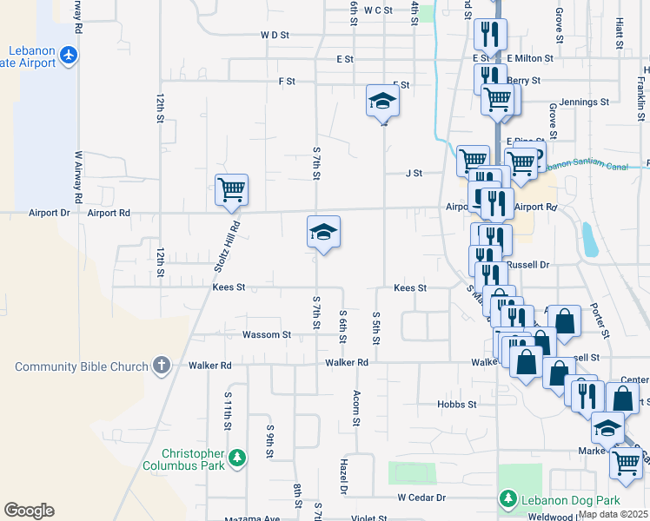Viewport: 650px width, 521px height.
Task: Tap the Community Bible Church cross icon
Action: (161, 366)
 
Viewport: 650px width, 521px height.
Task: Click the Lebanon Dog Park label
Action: (570, 499)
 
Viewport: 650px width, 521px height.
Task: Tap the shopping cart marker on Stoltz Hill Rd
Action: (231, 189)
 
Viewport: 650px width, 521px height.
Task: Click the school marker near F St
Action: (382, 102)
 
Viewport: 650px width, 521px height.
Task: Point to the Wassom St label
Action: (266, 334)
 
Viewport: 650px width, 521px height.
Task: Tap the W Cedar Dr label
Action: (421, 498)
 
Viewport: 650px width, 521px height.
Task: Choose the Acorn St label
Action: (356, 408)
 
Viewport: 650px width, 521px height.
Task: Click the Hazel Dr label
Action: (344, 478)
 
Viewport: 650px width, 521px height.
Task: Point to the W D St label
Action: (274, 36)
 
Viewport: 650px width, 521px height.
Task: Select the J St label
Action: (414, 173)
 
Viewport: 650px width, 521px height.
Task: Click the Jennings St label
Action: (584, 102)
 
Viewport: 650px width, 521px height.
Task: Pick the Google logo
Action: (29, 511)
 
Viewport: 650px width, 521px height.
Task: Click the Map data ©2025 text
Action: (613, 514)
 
